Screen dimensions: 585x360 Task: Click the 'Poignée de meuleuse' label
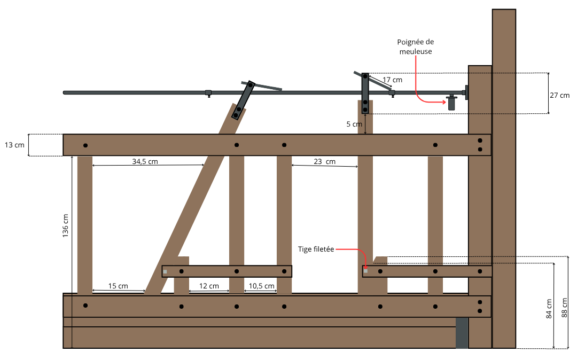(415, 46)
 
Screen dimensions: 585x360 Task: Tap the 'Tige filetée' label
(316, 249)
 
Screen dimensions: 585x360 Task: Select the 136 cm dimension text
(65, 226)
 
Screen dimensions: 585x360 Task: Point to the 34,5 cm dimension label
(145, 161)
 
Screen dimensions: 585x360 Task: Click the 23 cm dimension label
(324, 161)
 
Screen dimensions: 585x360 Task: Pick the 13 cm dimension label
(14, 145)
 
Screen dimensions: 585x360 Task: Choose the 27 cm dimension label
(560, 95)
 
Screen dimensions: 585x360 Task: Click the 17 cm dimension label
(392, 80)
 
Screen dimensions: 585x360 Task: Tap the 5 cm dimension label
(354, 124)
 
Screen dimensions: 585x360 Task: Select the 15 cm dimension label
(118, 286)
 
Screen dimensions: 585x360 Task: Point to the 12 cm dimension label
(209, 286)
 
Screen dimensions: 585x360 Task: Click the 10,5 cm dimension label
(262, 286)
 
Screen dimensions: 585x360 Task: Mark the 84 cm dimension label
(549, 309)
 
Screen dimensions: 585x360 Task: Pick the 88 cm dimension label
(565, 308)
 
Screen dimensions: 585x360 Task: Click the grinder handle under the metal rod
(451, 103)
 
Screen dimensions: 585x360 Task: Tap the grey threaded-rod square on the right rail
(365, 271)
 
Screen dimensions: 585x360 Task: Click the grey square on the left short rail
(165, 271)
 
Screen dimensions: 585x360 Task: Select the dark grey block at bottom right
(462, 333)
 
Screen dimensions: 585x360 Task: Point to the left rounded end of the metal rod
(65, 92)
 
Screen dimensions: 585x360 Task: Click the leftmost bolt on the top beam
(85, 145)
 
